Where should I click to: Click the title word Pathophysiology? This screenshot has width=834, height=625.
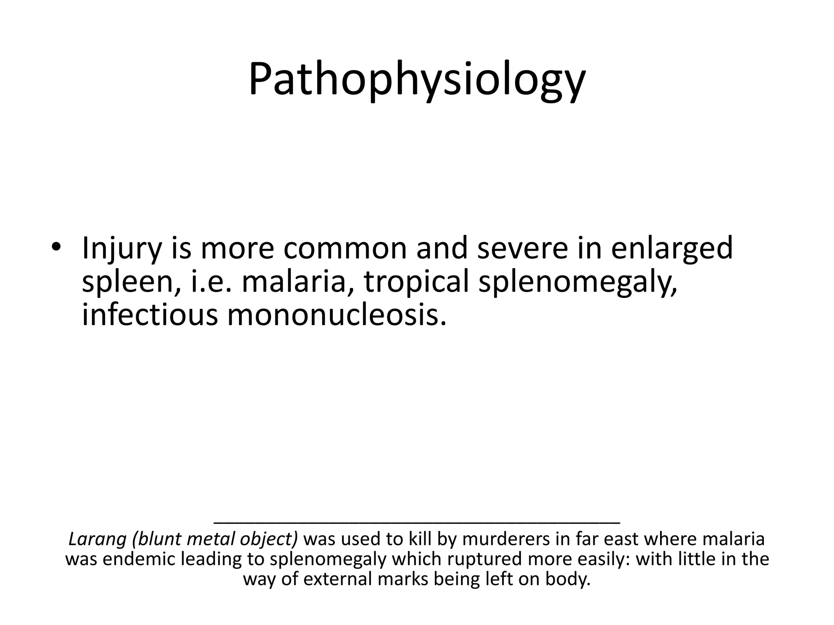417,79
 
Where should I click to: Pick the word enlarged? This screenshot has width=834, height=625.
672,249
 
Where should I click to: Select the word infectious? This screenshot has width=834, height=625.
150,315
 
